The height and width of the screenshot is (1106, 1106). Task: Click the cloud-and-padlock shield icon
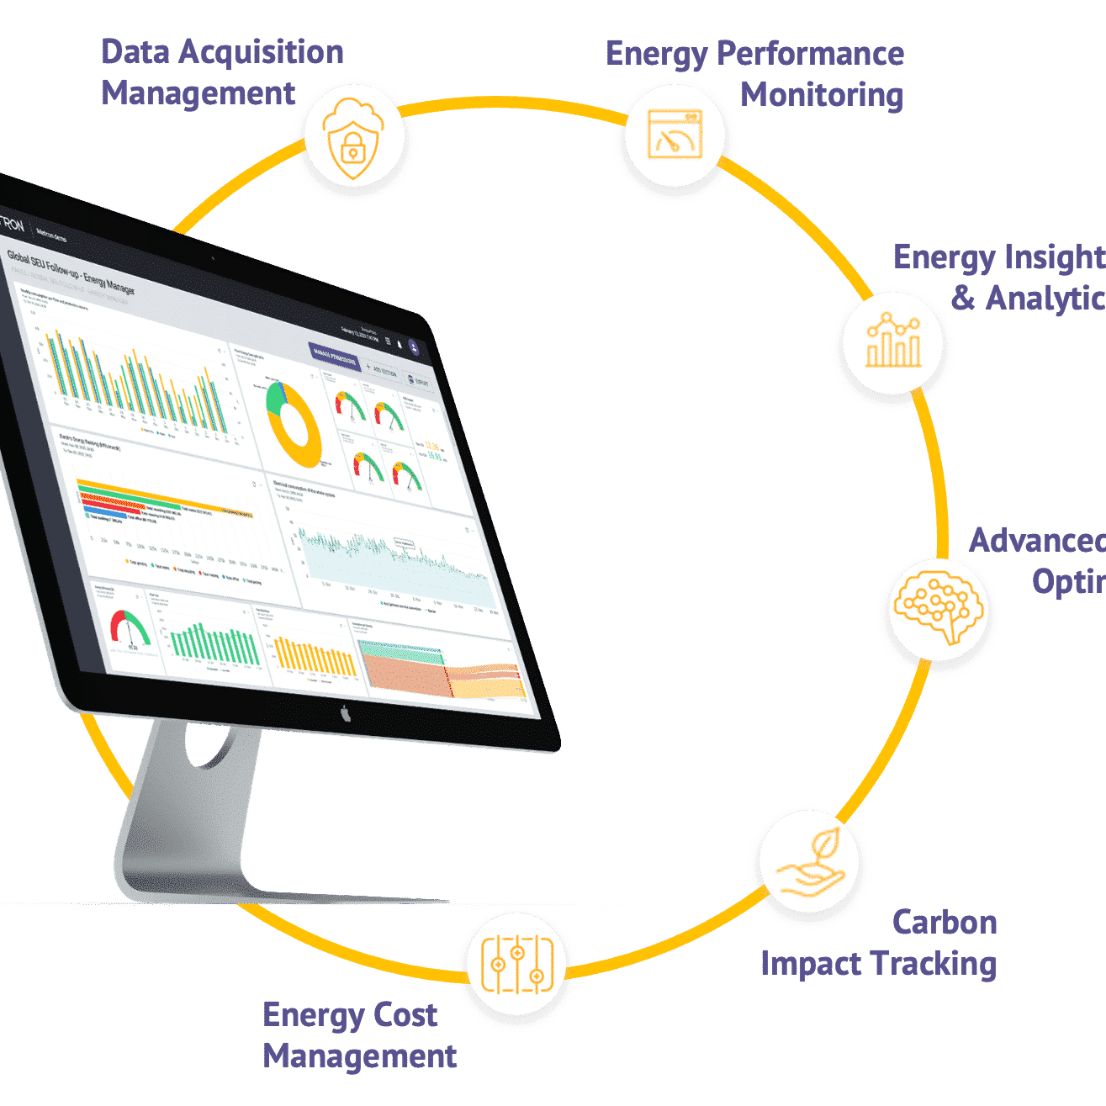click(x=353, y=138)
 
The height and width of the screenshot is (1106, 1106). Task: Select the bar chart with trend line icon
click(x=893, y=341)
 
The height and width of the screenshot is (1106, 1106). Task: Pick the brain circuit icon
click(x=939, y=606)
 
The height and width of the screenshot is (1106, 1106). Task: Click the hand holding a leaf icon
click(x=809, y=863)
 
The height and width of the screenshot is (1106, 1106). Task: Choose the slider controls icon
click(x=517, y=964)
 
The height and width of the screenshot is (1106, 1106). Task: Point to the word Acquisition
click(x=262, y=53)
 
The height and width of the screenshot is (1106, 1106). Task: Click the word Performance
click(x=809, y=55)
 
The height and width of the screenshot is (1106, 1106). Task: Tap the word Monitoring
click(x=821, y=95)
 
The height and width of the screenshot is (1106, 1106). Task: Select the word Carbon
click(x=945, y=923)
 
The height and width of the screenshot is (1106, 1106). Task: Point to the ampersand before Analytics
click(x=963, y=298)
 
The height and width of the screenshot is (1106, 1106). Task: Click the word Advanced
click(x=1037, y=541)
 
